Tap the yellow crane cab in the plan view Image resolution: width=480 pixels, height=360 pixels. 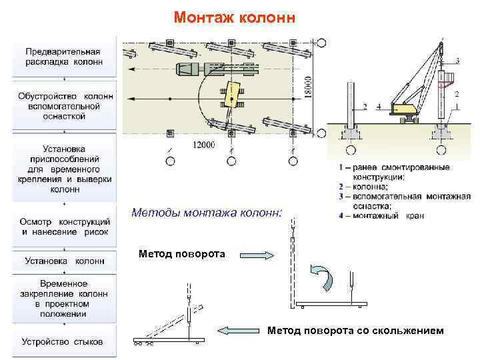[234, 94]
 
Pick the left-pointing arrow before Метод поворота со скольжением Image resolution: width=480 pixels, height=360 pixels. [240, 330]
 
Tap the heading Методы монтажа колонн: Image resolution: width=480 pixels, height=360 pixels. [207, 213]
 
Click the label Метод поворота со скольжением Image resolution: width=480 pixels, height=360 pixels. [355, 330]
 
